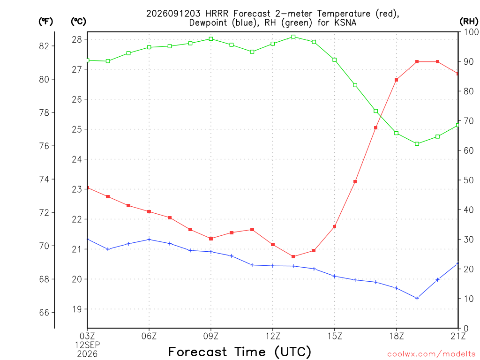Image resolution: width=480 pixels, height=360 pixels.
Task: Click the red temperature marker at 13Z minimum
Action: tap(293, 256)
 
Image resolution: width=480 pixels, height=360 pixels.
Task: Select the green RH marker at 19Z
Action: tap(417, 144)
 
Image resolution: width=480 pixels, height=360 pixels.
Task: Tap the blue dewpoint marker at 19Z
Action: tap(417, 298)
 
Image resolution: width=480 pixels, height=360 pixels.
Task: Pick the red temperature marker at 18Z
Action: tap(397, 80)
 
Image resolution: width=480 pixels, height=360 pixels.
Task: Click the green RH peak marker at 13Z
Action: tap(293, 37)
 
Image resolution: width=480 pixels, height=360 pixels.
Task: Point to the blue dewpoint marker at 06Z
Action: tap(149, 240)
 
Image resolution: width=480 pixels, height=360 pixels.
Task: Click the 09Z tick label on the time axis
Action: tap(211, 336)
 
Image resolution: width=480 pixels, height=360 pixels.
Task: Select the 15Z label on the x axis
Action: tap(335, 336)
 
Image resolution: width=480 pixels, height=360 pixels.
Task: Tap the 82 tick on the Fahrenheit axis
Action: tap(44, 46)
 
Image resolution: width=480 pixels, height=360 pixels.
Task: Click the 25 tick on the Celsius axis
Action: tap(77, 129)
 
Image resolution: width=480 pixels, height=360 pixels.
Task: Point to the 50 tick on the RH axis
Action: tap(468, 180)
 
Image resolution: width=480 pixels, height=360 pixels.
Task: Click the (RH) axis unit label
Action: tap(469, 22)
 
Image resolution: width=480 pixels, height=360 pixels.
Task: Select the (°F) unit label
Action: tap(45, 22)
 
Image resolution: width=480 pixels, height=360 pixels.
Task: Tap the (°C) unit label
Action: tap(78, 22)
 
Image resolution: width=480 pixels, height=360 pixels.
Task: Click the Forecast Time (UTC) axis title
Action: tap(240, 352)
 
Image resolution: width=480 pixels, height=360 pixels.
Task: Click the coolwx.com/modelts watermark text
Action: tap(431, 354)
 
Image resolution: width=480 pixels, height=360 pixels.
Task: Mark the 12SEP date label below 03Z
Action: tap(88, 345)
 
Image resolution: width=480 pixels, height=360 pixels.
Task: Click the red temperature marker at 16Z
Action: tap(355, 181)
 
